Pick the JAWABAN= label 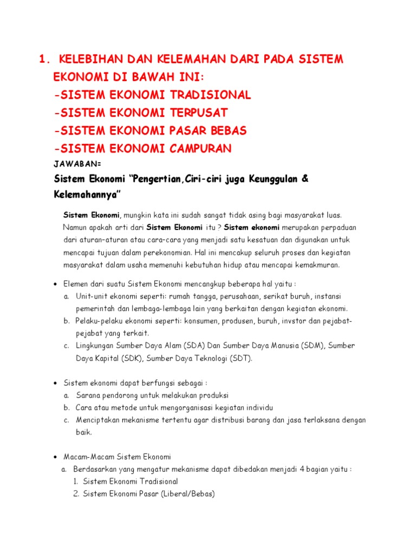click(78, 163)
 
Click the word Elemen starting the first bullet click(76, 284)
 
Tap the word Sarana click(87, 395)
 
